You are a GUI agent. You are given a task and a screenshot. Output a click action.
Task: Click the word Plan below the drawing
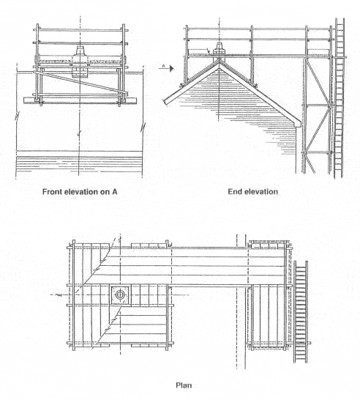(x=184, y=385)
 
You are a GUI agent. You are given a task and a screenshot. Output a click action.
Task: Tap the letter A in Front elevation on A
(x=114, y=192)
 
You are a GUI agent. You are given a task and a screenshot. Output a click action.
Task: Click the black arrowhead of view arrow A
(x=172, y=69)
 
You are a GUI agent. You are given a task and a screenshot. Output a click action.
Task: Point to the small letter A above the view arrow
(x=164, y=66)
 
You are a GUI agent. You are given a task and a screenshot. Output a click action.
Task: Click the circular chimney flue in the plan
(x=120, y=295)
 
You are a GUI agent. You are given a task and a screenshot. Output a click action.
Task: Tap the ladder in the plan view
(x=301, y=312)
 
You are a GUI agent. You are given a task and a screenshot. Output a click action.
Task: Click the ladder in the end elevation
(x=340, y=98)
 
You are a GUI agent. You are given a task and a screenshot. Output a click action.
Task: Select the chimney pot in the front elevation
(x=80, y=52)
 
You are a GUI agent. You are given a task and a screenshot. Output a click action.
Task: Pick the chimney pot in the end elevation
(x=220, y=48)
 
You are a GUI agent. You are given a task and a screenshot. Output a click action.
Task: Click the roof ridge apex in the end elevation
(x=220, y=61)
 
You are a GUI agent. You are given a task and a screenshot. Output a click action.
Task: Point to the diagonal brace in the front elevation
(x=80, y=82)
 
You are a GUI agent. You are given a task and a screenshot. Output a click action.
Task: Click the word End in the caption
(x=234, y=191)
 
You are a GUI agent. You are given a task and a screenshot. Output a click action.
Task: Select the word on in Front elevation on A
(x=106, y=192)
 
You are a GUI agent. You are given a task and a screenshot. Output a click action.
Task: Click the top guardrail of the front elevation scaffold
(x=80, y=31)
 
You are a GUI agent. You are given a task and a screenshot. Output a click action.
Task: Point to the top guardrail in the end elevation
(x=258, y=29)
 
